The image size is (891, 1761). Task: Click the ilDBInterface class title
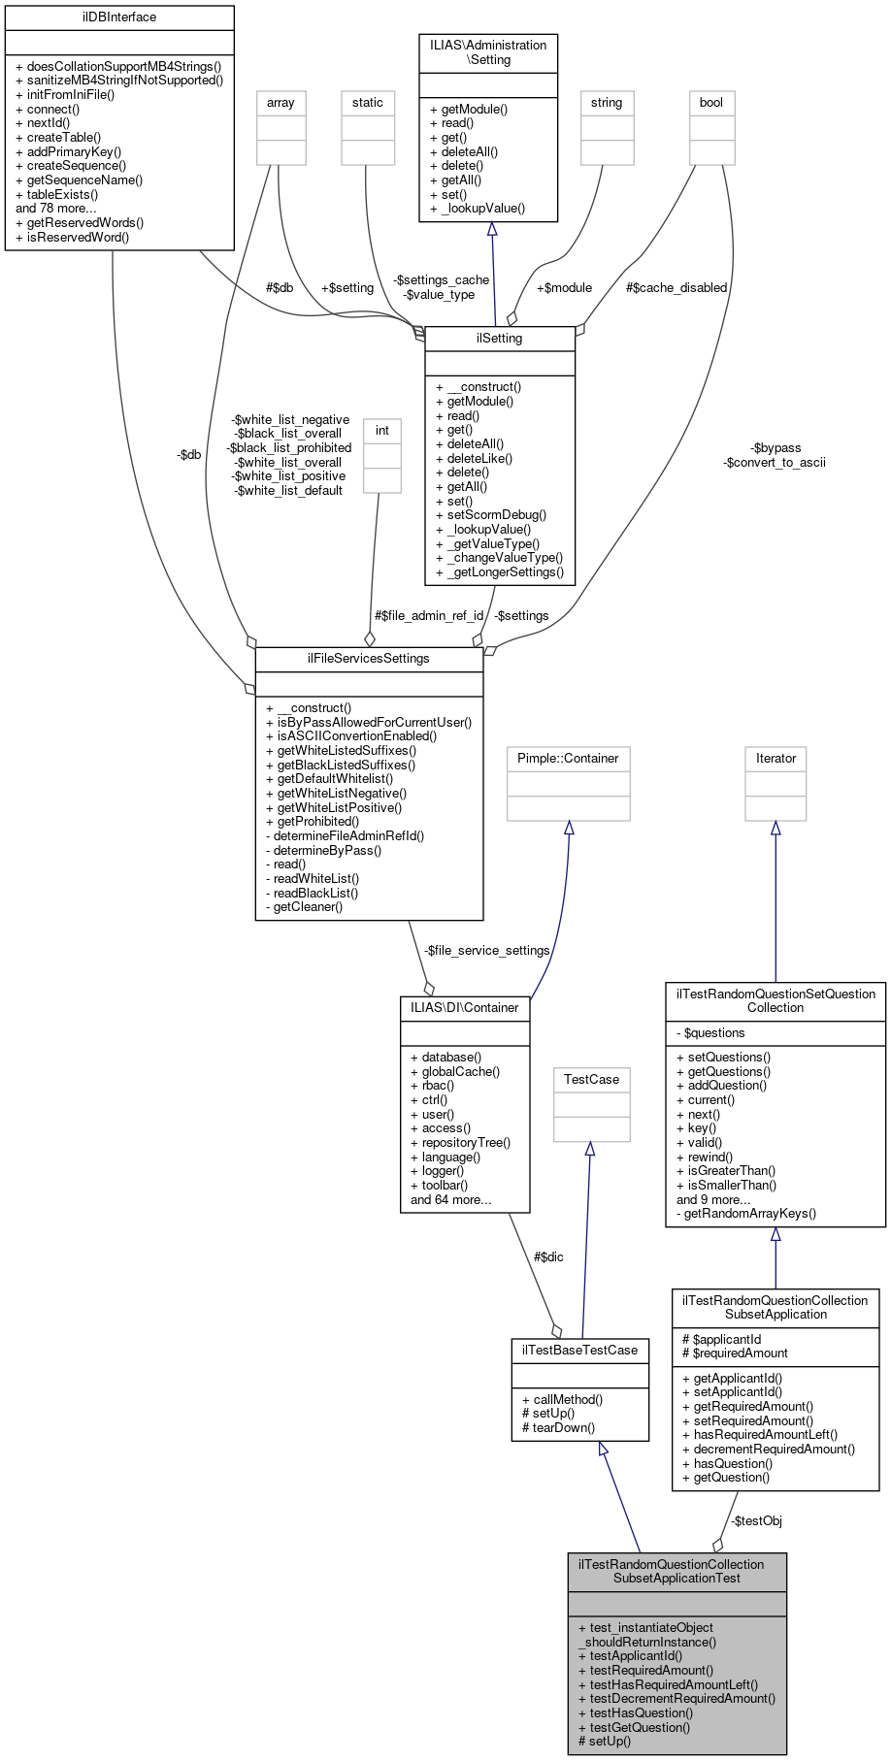pos(119,17)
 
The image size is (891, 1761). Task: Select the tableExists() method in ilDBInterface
pos(62,194)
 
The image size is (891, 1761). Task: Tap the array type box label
pos(280,103)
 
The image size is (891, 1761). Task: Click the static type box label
pos(368,103)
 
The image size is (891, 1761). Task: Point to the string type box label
pos(607,103)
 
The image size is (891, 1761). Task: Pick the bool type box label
pos(711,103)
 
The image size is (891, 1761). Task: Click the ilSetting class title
pos(500,339)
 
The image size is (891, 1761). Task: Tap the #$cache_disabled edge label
pos(676,288)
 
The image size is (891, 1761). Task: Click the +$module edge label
pos(564,288)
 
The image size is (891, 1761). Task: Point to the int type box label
pos(382,431)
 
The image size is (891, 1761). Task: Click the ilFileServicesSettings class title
pos(369,659)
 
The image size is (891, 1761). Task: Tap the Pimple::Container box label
pos(568,759)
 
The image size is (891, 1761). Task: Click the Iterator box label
pos(775,759)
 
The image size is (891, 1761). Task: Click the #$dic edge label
pos(548,1257)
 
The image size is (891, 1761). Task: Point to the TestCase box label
pos(591,1080)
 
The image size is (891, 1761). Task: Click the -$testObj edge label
pos(756,1521)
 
